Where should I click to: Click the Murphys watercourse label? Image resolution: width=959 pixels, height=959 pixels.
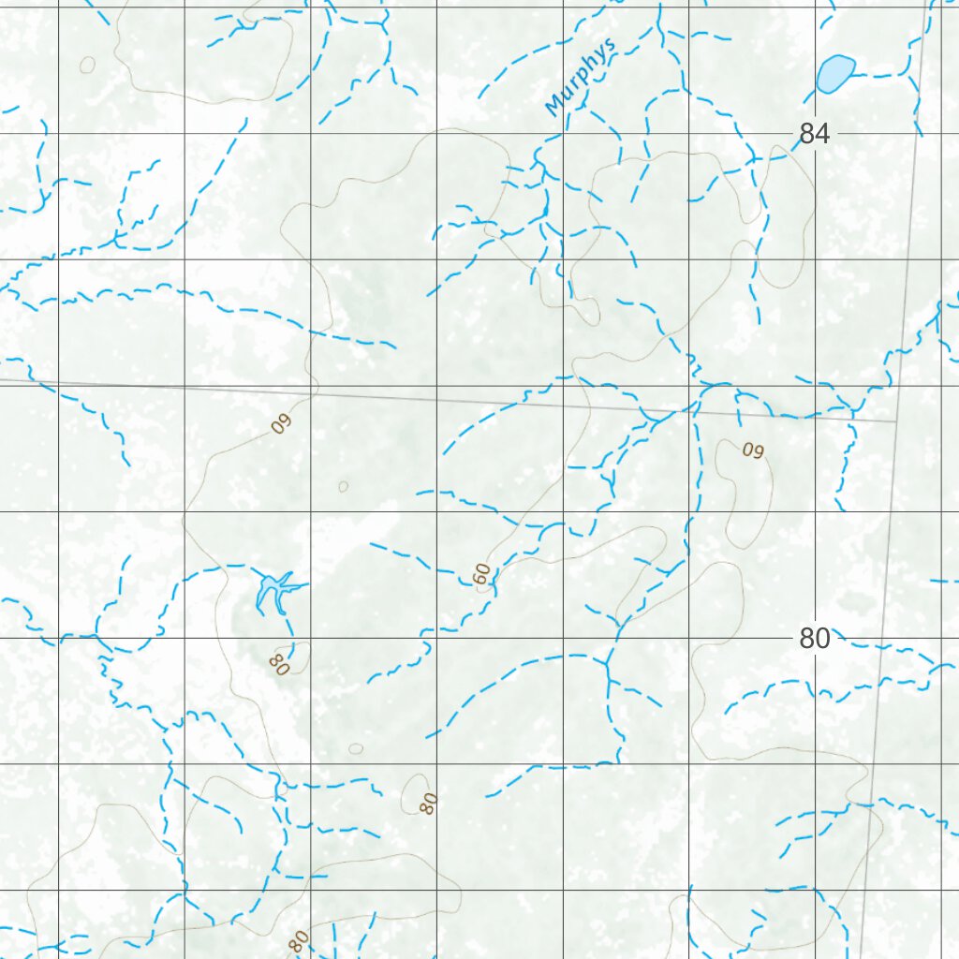click(581, 77)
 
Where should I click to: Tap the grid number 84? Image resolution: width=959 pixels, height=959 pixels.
click(814, 134)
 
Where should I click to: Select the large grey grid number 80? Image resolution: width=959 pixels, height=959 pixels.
click(814, 639)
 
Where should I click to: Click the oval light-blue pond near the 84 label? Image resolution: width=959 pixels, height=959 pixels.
click(834, 73)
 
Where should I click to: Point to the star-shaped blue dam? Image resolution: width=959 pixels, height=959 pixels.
click(273, 590)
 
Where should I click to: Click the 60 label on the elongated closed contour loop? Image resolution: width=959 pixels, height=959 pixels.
click(753, 450)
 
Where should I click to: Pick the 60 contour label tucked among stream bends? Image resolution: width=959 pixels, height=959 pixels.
click(482, 574)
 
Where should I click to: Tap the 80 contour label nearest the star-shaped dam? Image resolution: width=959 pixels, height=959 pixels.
click(278, 664)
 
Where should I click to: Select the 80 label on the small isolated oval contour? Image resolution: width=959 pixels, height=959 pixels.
click(429, 803)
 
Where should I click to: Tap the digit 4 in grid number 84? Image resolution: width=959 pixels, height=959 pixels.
click(822, 134)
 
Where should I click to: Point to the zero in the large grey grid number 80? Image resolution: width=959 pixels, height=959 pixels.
click(822, 639)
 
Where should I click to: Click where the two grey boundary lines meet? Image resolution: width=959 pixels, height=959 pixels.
click(896, 421)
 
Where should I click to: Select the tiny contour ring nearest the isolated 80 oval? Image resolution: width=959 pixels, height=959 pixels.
click(356, 748)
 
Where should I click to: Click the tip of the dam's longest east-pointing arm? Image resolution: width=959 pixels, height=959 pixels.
click(306, 586)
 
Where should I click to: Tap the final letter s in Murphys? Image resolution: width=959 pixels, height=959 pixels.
click(611, 46)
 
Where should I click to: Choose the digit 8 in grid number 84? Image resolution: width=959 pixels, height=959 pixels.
click(806, 134)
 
